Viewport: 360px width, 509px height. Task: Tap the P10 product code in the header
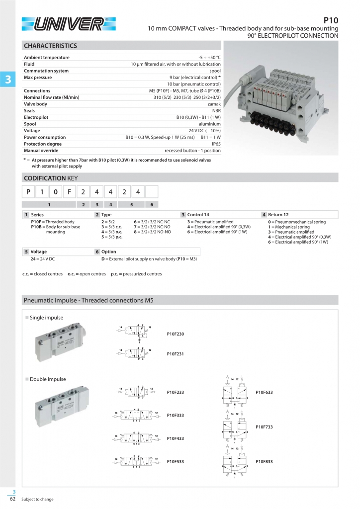pyautogui.click(x=331, y=20)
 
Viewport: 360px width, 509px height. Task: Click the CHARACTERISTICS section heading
pyautogui.click(x=51, y=46)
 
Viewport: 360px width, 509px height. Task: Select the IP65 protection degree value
pyautogui.click(x=216, y=144)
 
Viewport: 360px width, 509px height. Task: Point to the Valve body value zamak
pyautogui.click(x=214, y=104)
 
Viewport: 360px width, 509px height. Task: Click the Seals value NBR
pyautogui.click(x=216, y=110)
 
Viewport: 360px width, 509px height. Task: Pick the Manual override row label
pyautogui.click(x=41, y=151)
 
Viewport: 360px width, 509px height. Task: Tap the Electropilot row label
pyautogui.click(x=38, y=117)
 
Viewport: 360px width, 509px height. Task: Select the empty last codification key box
pyautogui.click(x=152, y=192)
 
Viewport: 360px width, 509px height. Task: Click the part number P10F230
pyautogui.click(x=175, y=334)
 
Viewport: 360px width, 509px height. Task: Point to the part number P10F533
pyautogui.click(x=175, y=462)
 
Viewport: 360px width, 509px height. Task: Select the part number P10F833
pyautogui.click(x=264, y=462)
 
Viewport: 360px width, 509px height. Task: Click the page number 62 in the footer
pyautogui.click(x=12, y=499)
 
